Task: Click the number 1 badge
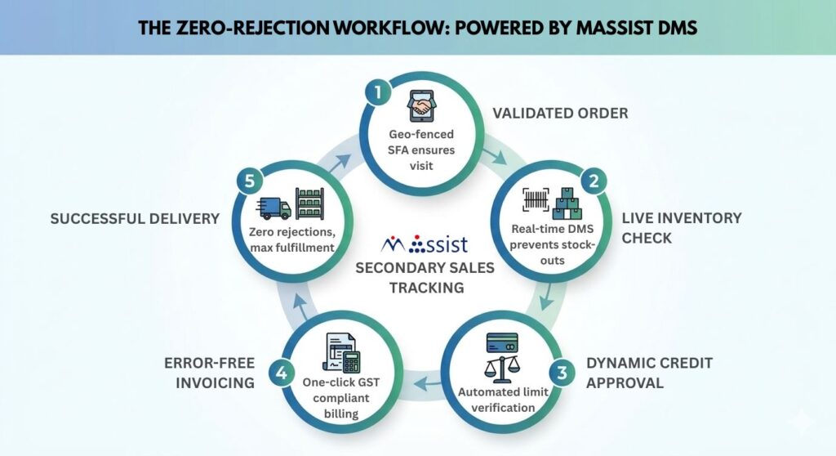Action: coord(377,92)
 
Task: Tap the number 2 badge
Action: coord(595,181)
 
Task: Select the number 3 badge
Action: coord(561,375)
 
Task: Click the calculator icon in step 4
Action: coord(352,360)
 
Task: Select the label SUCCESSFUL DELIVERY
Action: coord(135,219)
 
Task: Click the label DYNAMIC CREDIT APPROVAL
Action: coord(648,372)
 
